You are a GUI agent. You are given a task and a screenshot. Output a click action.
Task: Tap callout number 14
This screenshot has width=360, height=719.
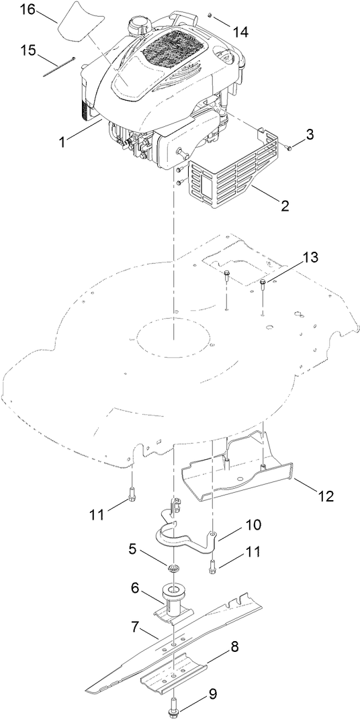(241, 31)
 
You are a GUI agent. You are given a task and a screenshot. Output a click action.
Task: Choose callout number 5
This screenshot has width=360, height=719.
(133, 548)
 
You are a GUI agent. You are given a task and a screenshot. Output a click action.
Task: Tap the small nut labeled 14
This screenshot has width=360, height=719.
(210, 13)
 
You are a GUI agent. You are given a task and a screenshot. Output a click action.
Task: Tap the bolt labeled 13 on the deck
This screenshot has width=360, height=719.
(263, 286)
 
